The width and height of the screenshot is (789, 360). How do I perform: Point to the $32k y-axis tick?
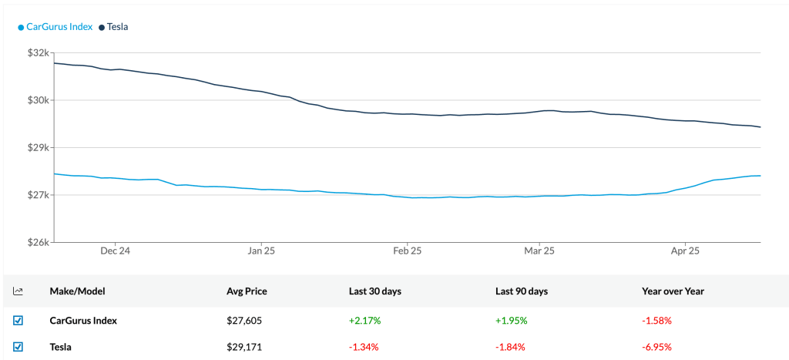pyautogui.click(x=38, y=53)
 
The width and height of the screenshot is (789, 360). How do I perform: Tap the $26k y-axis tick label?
pyautogui.click(x=38, y=242)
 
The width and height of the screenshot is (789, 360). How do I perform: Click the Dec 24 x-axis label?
pyautogui.click(x=114, y=251)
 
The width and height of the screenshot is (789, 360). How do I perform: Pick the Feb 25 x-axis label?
pyautogui.click(x=407, y=251)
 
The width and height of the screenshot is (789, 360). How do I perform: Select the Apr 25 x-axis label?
pyautogui.click(x=685, y=251)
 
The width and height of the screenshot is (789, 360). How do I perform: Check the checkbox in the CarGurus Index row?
pyautogui.click(x=18, y=320)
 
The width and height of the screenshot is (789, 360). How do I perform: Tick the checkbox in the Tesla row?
pyautogui.click(x=18, y=347)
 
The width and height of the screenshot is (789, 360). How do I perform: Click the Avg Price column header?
pyautogui.click(x=247, y=291)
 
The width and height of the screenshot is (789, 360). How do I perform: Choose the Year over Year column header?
pyautogui.click(x=673, y=291)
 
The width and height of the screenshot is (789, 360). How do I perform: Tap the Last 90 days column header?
pyautogui.click(x=522, y=291)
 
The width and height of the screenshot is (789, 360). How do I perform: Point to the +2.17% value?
pyautogui.click(x=364, y=320)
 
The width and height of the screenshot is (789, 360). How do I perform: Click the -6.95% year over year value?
pyautogui.click(x=656, y=347)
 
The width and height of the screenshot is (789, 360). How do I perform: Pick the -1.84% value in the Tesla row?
pyautogui.click(x=510, y=347)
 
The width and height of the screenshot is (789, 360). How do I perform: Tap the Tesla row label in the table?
pyautogui.click(x=61, y=347)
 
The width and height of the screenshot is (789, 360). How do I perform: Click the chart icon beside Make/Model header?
pyautogui.click(x=18, y=291)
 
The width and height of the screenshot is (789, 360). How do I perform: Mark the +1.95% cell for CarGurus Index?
pyautogui.click(x=511, y=320)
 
